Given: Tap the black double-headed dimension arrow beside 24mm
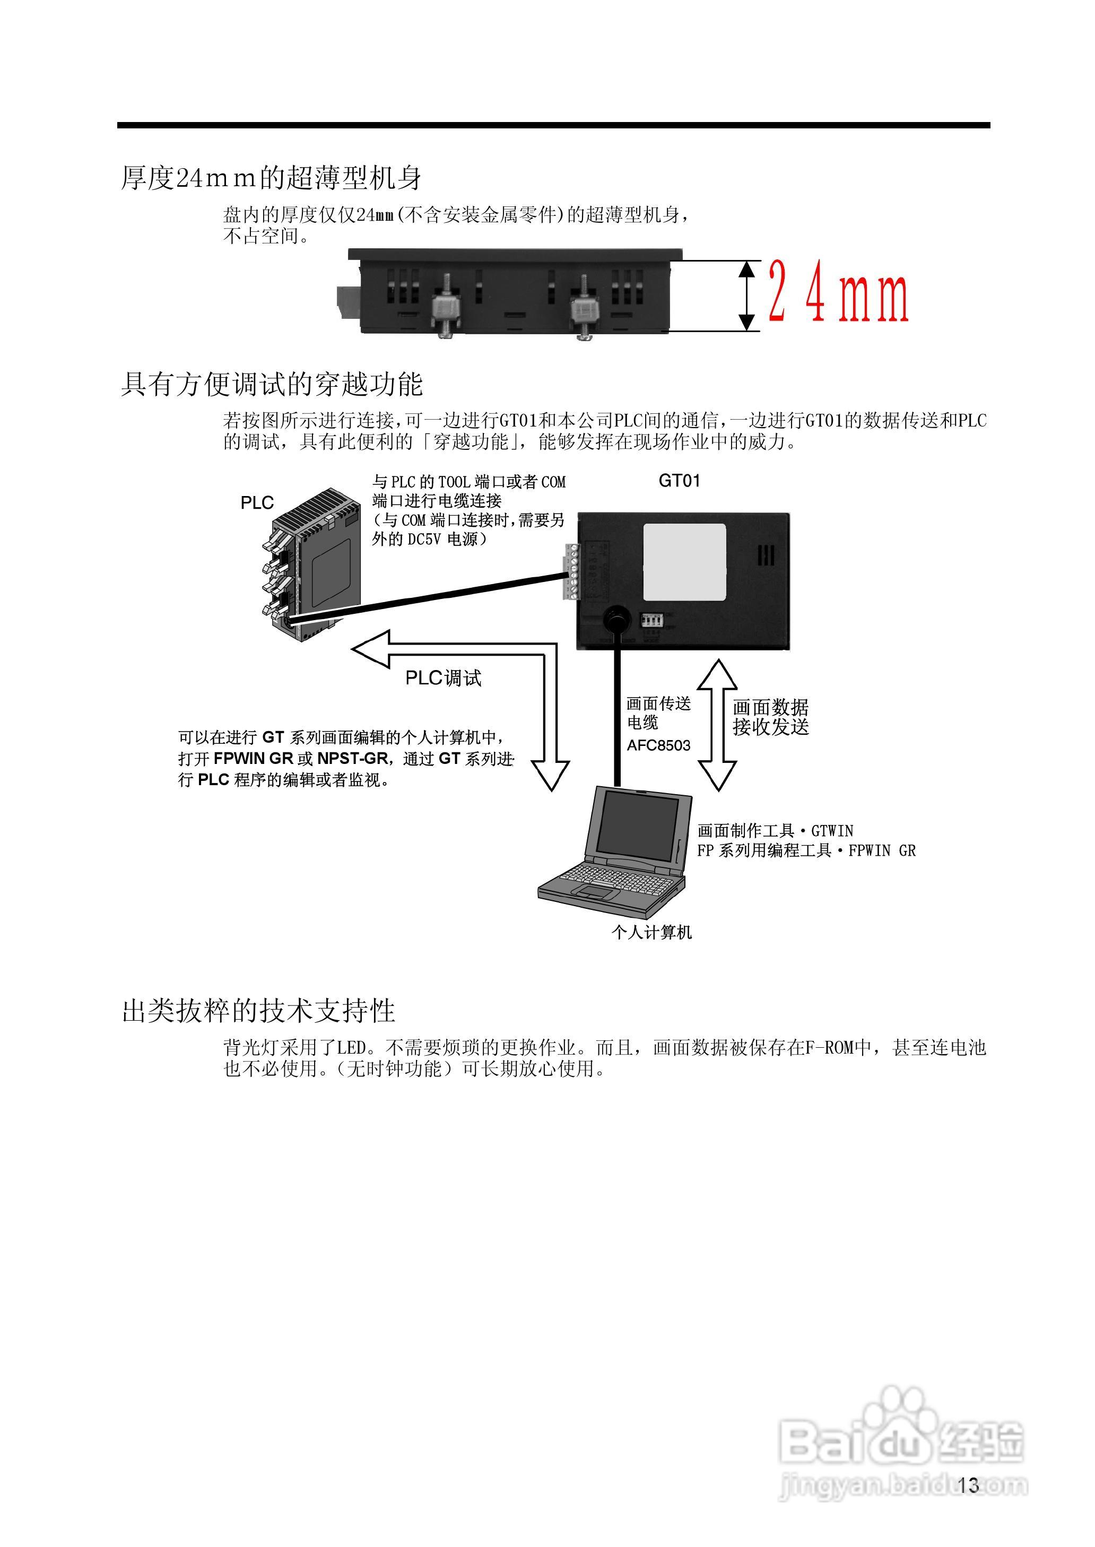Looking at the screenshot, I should [x=746, y=296].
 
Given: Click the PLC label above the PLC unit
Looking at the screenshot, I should [x=257, y=503].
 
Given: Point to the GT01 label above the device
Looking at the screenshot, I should [x=679, y=481].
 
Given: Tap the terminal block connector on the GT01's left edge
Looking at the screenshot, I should [x=572, y=570].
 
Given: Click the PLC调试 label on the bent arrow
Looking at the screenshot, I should [x=443, y=678].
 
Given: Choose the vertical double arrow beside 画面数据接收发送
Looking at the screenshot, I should [x=716, y=725].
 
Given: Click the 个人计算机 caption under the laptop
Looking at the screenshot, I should [x=651, y=932].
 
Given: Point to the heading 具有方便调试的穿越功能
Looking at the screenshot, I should [x=272, y=384].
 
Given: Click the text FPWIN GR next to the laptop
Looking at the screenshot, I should [x=881, y=850].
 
